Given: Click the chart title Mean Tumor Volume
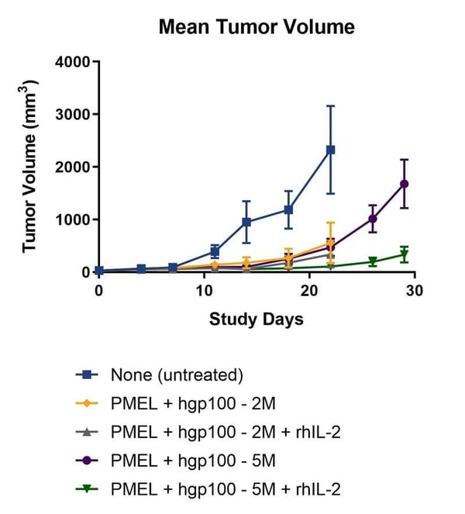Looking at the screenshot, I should point(257,27).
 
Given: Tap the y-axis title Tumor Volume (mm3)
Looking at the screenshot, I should point(31,167).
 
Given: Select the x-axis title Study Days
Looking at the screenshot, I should point(257,319).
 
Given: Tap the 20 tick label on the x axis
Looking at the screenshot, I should point(309,290).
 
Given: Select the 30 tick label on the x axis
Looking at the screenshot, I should point(415,290).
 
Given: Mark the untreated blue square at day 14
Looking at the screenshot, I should point(246,223).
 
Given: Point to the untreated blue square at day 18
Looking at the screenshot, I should point(288,209).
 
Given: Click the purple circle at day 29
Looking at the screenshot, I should point(404,184).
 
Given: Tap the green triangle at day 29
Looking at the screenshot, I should point(404,255).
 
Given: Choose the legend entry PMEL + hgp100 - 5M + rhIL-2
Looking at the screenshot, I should point(226,488).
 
